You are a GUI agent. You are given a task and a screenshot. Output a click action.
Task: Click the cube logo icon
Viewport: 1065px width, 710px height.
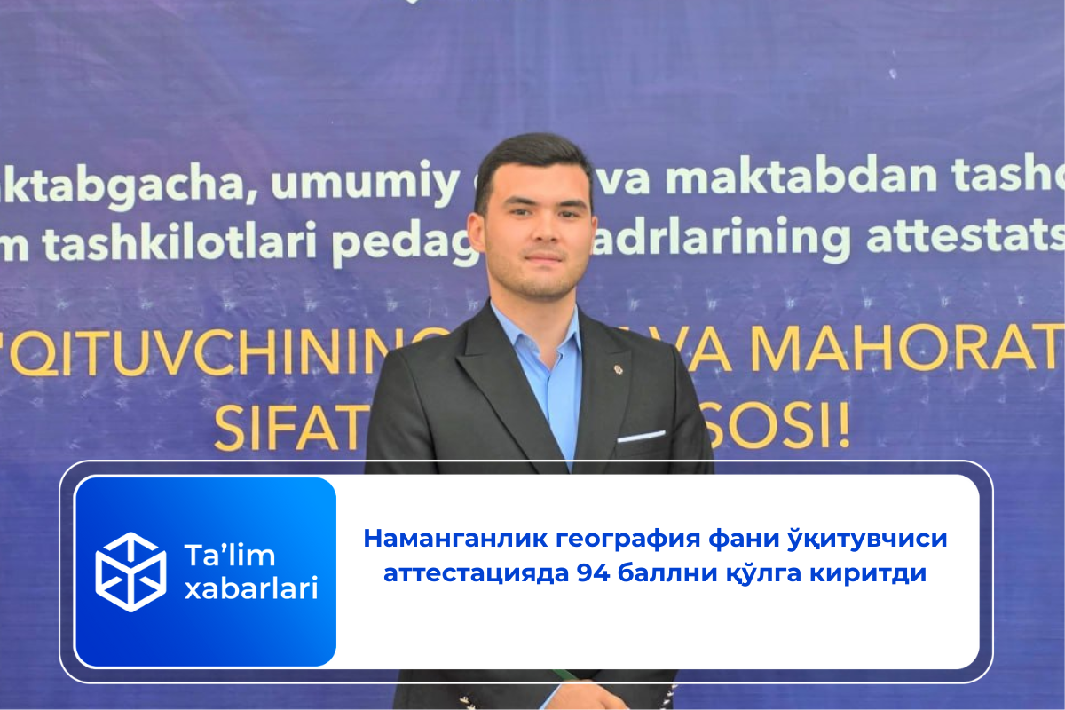[x=130, y=572]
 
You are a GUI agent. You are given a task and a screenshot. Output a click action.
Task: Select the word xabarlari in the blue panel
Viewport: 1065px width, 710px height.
[x=250, y=588]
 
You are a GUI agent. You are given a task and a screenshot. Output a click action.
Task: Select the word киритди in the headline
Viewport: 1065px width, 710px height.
[x=871, y=573]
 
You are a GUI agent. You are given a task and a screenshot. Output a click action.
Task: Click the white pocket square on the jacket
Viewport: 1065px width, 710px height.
[x=641, y=436]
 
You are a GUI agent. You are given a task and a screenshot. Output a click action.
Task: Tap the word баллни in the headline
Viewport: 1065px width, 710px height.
[x=663, y=573]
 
